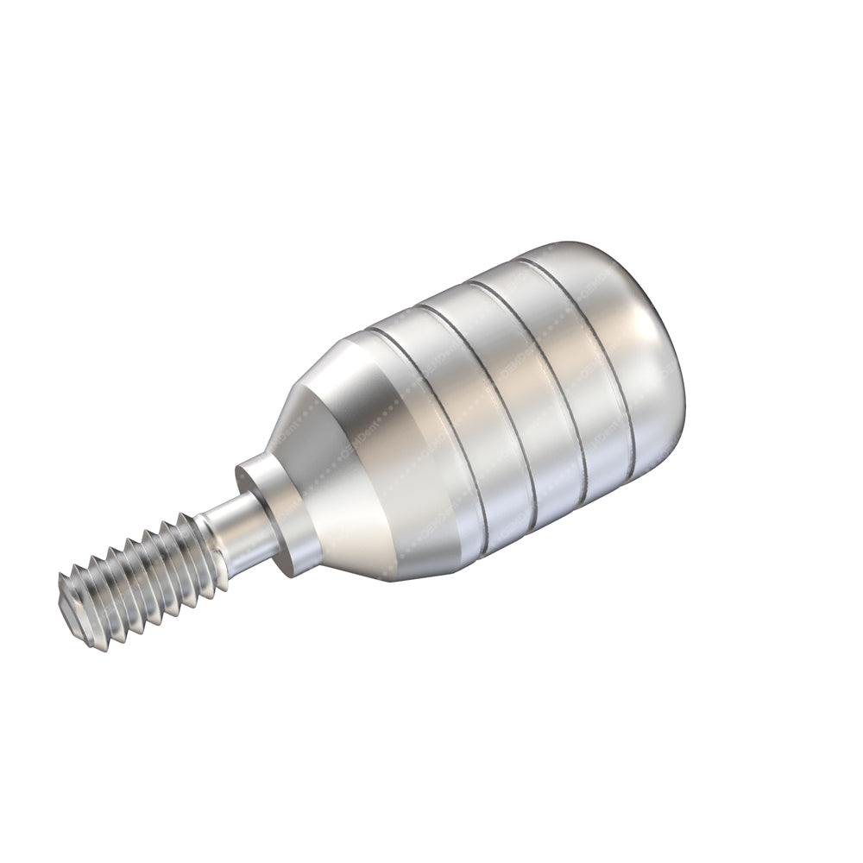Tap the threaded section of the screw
142,578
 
